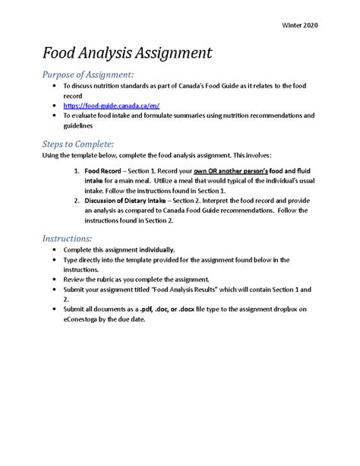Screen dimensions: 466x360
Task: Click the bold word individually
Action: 155,249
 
